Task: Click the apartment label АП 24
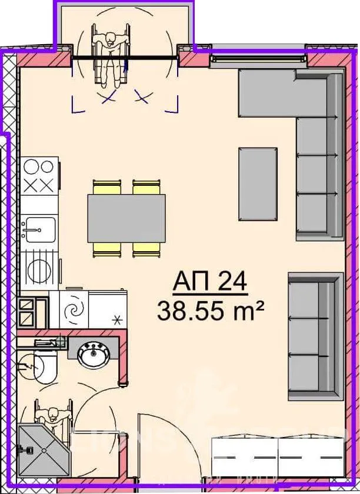pyautogui.click(x=209, y=283)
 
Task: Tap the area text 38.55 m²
pyautogui.click(x=209, y=310)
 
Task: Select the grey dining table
pyautogui.click(x=126, y=218)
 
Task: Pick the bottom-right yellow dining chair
pyautogui.click(x=146, y=249)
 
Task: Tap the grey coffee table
pyautogui.click(x=258, y=183)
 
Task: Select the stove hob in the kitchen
pyautogui.click(x=40, y=175)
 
